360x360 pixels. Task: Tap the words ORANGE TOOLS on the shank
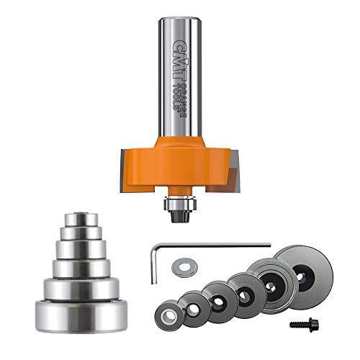tap(186, 94)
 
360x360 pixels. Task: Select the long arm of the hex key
tap(216, 246)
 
